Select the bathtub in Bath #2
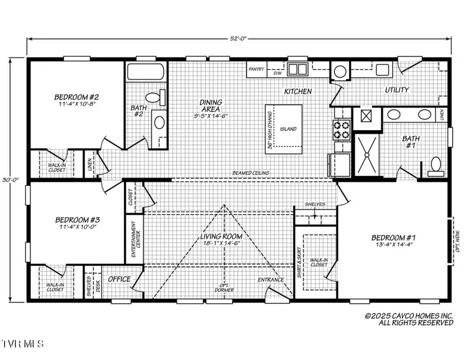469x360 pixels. pyautogui.click(x=145, y=71)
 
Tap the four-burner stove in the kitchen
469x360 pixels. pyautogui.click(x=342, y=130)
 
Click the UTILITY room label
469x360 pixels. pyautogui.click(x=397, y=90)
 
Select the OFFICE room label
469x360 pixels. pyautogui.click(x=119, y=279)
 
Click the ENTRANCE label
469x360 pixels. pyautogui.click(x=271, y=280)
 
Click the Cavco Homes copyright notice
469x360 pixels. pyautogui.click(x=409, y=319)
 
